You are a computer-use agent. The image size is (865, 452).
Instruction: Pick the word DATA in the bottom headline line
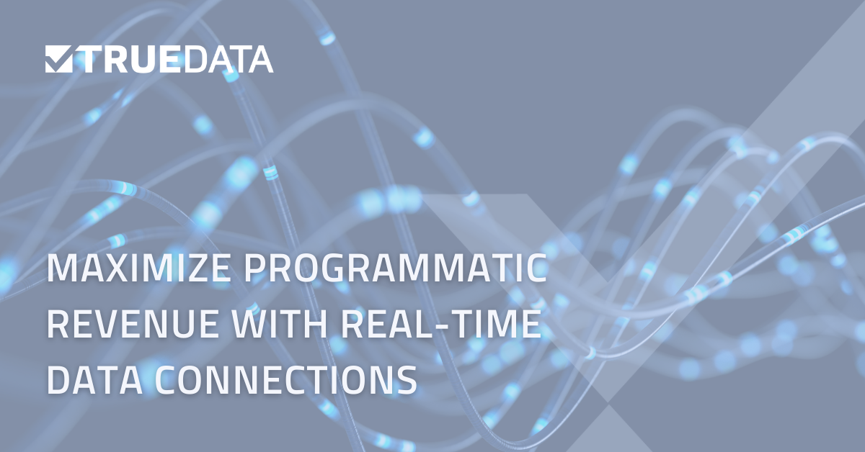point(94,379)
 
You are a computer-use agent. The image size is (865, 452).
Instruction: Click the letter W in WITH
point(238,325)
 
